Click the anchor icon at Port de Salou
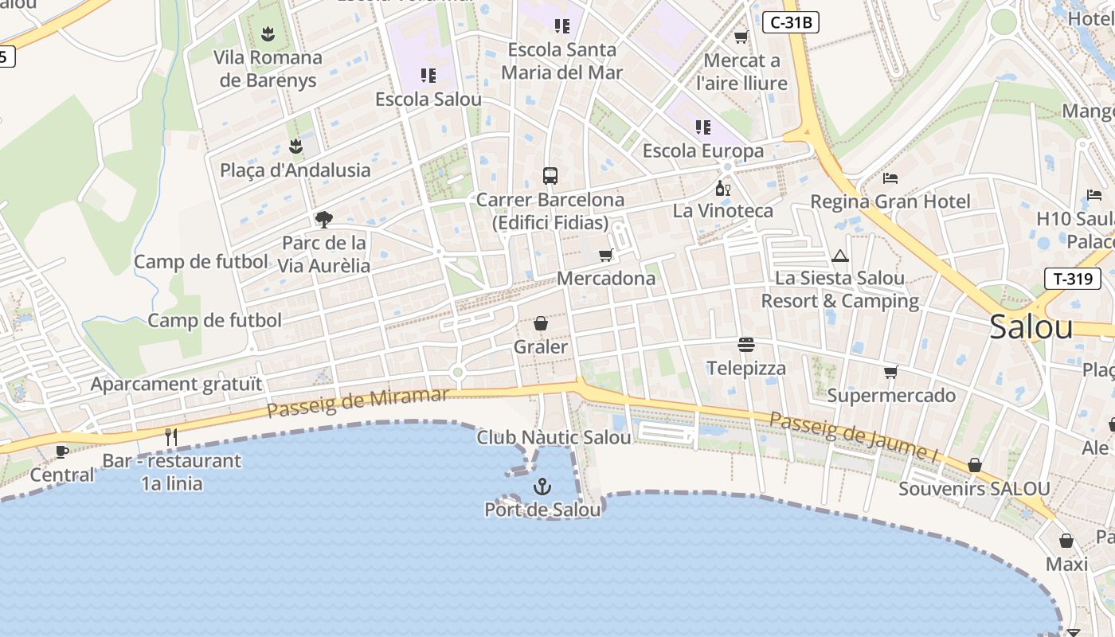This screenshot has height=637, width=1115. click(542, 486)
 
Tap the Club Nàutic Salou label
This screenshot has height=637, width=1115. click(554, 437)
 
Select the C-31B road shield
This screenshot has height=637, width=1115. click(790, 22)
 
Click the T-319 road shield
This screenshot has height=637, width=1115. click(1072, 278)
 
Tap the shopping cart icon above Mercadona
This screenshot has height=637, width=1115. click(606, 256)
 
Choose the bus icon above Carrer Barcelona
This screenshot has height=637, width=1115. click(550, 175)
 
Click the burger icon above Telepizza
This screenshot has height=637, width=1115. click(746, 345)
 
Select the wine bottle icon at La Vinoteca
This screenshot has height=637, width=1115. click(722, 189)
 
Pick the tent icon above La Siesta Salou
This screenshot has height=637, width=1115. click(839, 256)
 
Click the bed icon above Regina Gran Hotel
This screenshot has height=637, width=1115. click(890, 178)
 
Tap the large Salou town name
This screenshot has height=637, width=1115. click(1031, 327)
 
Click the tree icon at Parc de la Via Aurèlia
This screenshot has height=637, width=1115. click(323, 219)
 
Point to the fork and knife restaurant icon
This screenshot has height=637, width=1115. click(170, 436)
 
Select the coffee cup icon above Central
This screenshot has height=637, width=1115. click(61, 451)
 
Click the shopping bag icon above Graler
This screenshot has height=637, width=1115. click(541, 323)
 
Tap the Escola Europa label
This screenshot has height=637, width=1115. click(702, 150)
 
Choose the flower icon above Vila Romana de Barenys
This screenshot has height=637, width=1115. click(268, 34)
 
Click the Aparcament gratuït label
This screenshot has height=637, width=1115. click(176, 384)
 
